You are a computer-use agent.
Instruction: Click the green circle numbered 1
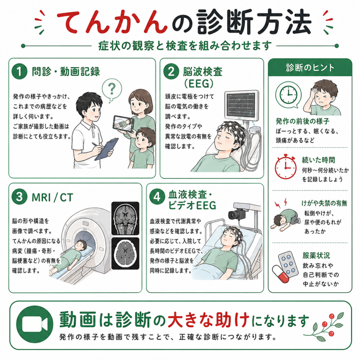tap(20, 71)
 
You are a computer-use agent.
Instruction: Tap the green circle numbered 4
tap(157, 197)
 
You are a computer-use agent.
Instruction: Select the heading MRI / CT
tap(52, 198)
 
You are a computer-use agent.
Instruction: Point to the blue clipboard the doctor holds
tap(107, 149)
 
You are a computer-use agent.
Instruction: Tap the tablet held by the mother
tap(123, 123)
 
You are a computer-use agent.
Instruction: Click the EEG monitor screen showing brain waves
tap(242, 105)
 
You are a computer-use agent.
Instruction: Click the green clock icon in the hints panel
tap(288, 95)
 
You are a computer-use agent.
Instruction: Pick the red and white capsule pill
tap(281, 274)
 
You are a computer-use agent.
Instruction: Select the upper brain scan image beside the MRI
tap(126, 218)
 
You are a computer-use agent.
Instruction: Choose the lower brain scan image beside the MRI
tap(126, 253)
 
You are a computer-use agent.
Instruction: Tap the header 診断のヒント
tap(310, 68)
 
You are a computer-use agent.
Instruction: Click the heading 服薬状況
tap(316, 255)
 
